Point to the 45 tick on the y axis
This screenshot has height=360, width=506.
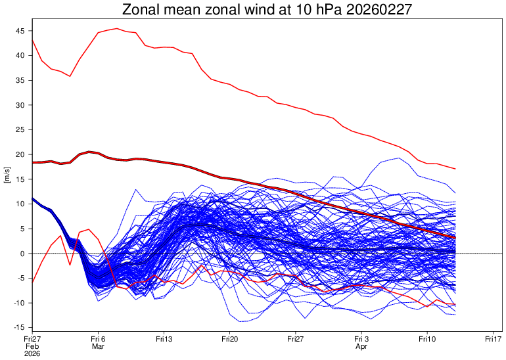[x=20, y=31]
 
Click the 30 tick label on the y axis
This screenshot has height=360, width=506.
[x=20, y=105]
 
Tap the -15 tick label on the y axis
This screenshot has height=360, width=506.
[x=18, y=327]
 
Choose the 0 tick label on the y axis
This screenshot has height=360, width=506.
[x=23, y=254]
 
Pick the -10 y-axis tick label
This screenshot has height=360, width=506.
[x=18, y=303]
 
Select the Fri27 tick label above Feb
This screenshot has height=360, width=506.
[x=32, y=339]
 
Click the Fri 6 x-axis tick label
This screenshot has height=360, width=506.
[x=98, y=339]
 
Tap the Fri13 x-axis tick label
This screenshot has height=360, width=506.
[x=164, y=339]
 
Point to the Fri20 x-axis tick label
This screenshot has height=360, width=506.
[x=229, y=339]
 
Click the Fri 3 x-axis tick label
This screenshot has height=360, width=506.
[x=361, y=339]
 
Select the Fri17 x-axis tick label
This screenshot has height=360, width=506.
[x=493, y=339]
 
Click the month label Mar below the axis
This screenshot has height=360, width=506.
[x=98, y=346]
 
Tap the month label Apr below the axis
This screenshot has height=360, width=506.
[x=361, y=346]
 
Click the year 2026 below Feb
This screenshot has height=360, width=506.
[x=32, y=353]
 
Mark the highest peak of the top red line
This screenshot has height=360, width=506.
[x=117, y=28]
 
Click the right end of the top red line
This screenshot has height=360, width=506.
[x=455, y=169]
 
